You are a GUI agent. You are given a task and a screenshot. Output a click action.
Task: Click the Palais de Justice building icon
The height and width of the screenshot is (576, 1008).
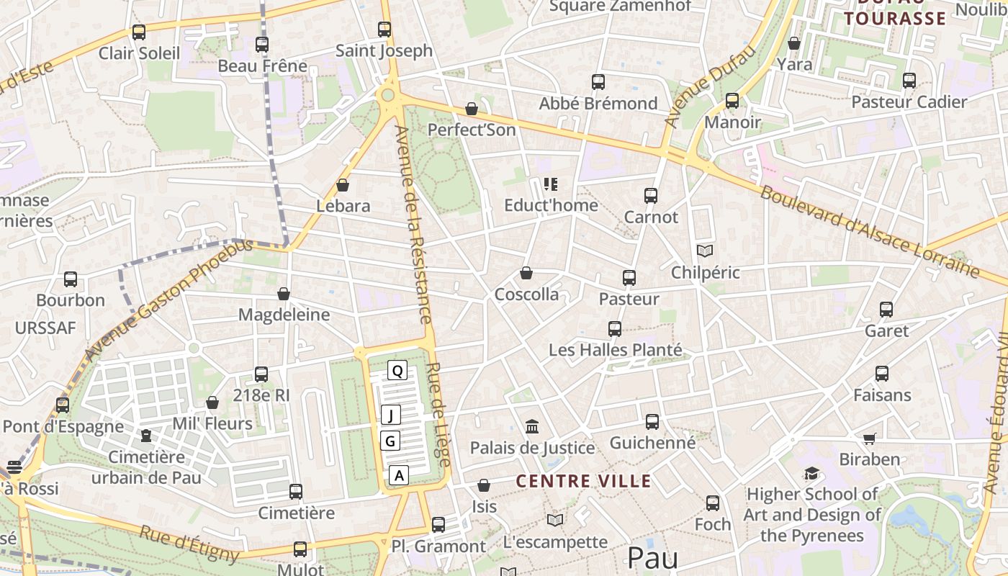(532, 427)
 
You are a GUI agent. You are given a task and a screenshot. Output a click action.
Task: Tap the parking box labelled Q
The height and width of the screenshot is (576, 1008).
(397, 370)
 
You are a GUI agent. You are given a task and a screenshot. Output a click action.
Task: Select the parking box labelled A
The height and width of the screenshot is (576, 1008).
(399, 475)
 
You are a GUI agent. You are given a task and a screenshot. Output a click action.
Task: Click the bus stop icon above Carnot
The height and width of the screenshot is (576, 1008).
(651, 195)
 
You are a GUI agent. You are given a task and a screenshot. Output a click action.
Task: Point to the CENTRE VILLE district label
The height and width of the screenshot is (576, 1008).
(584, 482)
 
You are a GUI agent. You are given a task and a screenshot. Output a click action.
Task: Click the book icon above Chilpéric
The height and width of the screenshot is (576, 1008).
(705, 251)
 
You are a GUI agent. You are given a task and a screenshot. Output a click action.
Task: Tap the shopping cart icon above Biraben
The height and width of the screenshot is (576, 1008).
(870, 438)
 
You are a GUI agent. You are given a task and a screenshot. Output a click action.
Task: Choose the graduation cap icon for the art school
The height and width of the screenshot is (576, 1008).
(812, 474)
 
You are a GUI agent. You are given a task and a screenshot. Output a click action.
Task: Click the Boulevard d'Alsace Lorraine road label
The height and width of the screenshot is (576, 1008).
(869, 232)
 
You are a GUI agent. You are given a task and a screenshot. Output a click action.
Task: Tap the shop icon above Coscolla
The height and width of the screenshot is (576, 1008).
(526, 274)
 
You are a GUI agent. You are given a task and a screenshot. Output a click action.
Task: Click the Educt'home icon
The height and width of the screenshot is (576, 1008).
(551, 184)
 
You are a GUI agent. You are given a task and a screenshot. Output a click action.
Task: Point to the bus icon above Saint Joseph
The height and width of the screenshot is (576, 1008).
(384, 30)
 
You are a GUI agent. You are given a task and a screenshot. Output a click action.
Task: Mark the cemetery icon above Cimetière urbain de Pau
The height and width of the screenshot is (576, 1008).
(147, 436)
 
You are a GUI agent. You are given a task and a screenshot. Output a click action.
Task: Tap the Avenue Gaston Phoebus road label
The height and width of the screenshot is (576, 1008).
(169, 299)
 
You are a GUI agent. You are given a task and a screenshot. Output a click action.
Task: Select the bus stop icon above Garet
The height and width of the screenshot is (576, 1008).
(886, 310)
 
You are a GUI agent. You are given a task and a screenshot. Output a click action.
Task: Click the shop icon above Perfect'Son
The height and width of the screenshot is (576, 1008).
(472, 109)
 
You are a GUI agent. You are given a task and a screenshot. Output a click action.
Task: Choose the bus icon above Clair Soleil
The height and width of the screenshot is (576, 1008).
(139, 32)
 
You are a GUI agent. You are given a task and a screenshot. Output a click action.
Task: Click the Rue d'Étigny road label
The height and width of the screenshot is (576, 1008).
(189, 544)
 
